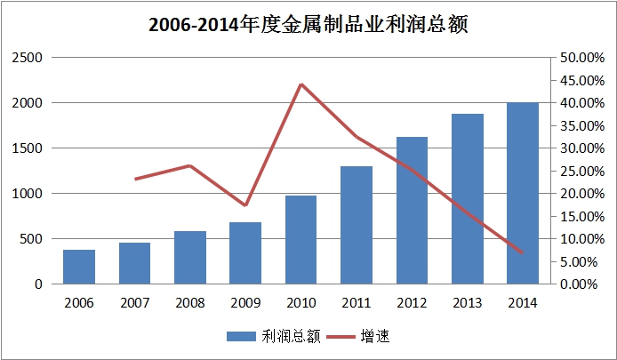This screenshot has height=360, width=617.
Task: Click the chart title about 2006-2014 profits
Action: (308, 24)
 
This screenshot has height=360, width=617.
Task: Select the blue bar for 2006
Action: (79, 267)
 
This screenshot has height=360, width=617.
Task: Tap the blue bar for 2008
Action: (190, 258)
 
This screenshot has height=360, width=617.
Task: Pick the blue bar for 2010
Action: (300, 240)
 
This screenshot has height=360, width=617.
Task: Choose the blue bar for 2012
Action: (412, 211)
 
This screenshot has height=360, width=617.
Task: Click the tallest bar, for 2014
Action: (523, 194)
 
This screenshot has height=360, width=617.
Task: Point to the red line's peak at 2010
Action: (300, 84)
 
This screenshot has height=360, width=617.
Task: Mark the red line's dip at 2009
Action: (245, 205)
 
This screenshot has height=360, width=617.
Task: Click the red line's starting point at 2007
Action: (135, 179)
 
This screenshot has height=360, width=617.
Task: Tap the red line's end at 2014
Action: (523, 252)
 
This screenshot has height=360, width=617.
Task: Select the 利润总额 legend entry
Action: (257, 336)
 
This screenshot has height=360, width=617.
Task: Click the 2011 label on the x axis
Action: (357, 300)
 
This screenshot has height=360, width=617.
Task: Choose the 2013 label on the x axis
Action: (467, 300)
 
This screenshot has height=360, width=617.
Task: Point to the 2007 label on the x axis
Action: (135, 300)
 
